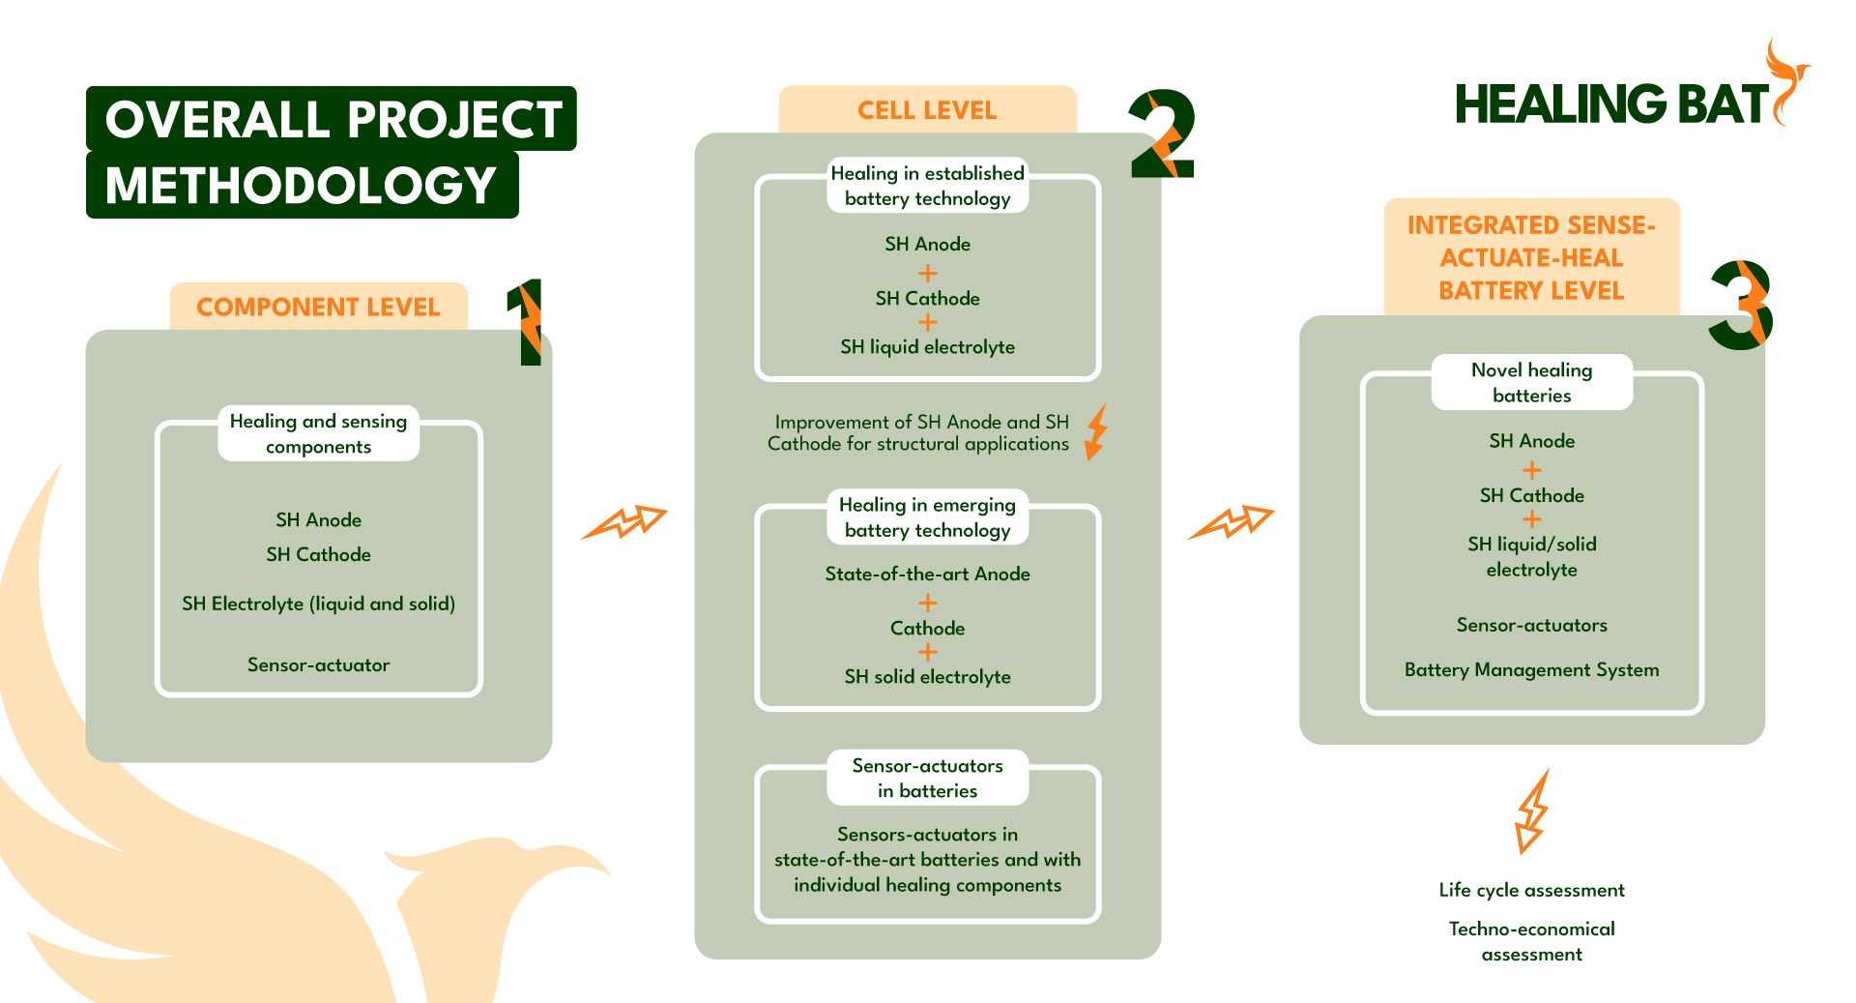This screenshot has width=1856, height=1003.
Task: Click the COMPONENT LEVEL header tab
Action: click(x=318, y=307)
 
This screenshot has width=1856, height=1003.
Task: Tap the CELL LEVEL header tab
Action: click(x=927, y=109)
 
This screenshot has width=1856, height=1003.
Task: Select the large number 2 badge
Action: click(x=1163, y=134)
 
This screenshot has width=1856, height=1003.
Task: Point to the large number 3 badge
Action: click(x=1741, y=305)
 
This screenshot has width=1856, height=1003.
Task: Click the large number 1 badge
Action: click(x=527, y=322)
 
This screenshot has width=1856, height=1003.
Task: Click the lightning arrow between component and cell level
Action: click(x=624, y=522)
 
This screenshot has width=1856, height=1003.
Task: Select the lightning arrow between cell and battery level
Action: click(x=1231, y=522)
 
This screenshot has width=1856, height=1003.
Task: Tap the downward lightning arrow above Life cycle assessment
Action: click(x=1531, y=811)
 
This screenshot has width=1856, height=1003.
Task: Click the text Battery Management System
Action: click(x=1531, y=669)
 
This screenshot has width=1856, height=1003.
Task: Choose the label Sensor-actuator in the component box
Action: click(x=318, y=664)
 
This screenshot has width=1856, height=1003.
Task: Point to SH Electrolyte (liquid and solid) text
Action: click(x=318, y=604)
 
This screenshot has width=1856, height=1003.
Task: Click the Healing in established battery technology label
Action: click(x=927, y=186)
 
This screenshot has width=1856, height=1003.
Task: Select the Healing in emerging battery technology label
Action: click(x=927, y=517)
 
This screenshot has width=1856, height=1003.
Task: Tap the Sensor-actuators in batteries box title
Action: click(x=927, y=778)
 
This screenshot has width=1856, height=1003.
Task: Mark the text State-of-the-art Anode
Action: click(x=927, y=574)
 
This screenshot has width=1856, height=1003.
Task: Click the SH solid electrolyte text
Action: click(x=927, y=676)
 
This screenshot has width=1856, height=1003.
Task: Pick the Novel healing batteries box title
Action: click(x=1531, y=382)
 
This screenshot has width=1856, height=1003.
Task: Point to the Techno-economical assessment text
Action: click(x=1531, y=941)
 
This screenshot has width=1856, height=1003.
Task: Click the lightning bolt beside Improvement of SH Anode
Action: click(x=1095, y=431)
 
